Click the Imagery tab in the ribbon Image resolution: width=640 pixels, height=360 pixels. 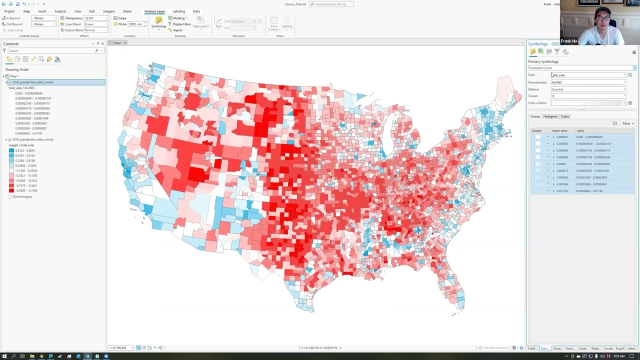pos(108,11)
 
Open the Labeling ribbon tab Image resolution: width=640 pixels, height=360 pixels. pos(178,11)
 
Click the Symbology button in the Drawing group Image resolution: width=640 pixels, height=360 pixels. pos(158,22)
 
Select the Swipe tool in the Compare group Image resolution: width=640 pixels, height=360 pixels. pos(120,18)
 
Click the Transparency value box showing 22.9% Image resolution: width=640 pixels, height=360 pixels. pos(95,18)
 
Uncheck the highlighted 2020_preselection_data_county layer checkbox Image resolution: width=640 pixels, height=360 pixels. pos(9,82)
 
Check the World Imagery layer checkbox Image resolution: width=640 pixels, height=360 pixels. pos(9,197)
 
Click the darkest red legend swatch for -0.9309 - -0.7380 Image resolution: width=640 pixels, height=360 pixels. pos(11,190)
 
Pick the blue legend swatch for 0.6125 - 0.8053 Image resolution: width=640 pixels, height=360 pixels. pos(11,150)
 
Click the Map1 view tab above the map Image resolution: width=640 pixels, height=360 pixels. pos(117,43)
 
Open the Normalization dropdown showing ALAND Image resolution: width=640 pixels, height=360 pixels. pos(588,82)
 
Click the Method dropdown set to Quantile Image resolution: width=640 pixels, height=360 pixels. pos(588,89)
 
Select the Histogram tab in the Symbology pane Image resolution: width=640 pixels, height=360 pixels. pos(550,116)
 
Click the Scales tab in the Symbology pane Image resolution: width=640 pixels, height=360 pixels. pos(564,116)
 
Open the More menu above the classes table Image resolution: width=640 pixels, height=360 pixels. pos(627,123)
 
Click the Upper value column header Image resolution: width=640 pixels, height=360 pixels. pos(559,130)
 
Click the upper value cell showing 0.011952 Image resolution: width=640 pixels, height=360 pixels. pos(562,191)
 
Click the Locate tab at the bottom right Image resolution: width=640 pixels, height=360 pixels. pos(608,348)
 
